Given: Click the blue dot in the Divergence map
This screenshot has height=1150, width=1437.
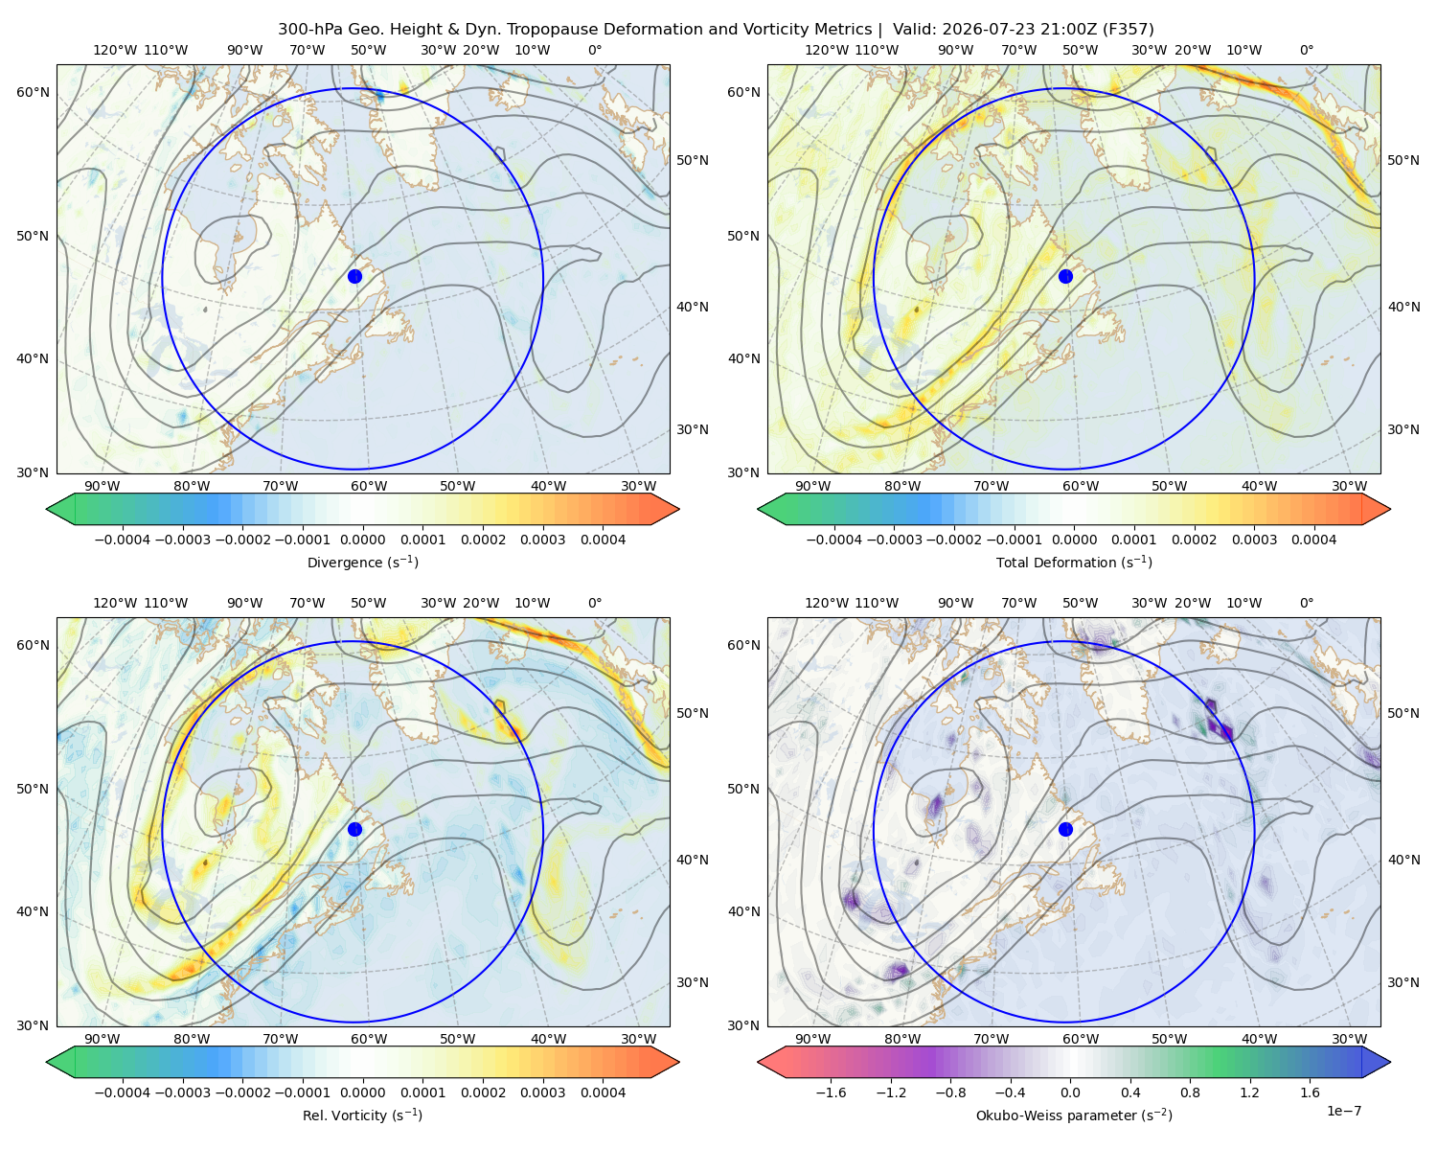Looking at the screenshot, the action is [x=354, y=276].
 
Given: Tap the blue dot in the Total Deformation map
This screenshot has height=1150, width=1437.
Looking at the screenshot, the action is [x=1065, y=276].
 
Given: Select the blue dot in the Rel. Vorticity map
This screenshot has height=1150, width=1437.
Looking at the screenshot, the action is [x=354, y=829].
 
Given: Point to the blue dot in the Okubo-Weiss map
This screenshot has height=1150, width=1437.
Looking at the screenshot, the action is [x=1065, y=829].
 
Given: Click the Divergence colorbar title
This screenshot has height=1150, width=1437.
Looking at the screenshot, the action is [x=362, y=562].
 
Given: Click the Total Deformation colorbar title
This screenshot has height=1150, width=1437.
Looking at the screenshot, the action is [x=1074, y=562].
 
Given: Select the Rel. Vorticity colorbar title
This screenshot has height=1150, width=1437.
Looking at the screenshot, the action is [x=362, y=1115].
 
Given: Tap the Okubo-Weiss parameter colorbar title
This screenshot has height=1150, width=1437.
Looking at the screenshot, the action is [x=1074, y=1115].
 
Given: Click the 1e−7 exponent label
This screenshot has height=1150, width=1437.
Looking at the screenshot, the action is [x=1343, y=1111].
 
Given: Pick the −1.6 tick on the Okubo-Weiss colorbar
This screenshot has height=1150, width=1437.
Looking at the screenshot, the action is [x=831, y=1092].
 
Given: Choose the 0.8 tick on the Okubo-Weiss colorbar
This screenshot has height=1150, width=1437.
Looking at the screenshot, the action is [x=1190, y=1092].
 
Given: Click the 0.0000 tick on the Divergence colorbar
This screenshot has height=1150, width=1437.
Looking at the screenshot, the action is [x=362, y=540].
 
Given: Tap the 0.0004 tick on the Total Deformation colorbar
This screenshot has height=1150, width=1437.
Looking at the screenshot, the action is [x=1313, y=540].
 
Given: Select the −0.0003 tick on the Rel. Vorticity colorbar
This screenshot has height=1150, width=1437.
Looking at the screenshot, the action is [x=182, y=1092].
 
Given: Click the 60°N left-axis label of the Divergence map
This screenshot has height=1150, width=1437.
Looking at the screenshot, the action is [x=33, y=92].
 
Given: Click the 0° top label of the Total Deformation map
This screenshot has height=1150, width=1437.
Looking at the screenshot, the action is [x=1306, y=50].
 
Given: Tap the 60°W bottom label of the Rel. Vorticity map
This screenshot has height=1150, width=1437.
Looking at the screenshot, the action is [x=369, y=1039].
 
